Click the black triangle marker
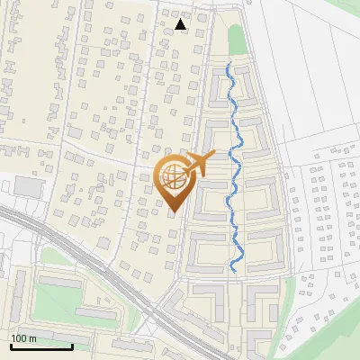click(x=182, y=25)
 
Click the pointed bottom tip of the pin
click(x=174, y=212)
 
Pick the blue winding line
click(x=237, y=171)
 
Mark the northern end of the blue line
click(x=229, y=63)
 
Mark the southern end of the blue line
click(x=233, y=270)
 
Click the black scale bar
click(x=40, y=346)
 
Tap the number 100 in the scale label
click(x=20, y=338)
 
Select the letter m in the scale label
click(x=32, y=338)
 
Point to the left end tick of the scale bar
click(x=10, y=346)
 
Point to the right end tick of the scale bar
click(x=71, y=346)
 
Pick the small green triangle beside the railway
click(x=54, y=256)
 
